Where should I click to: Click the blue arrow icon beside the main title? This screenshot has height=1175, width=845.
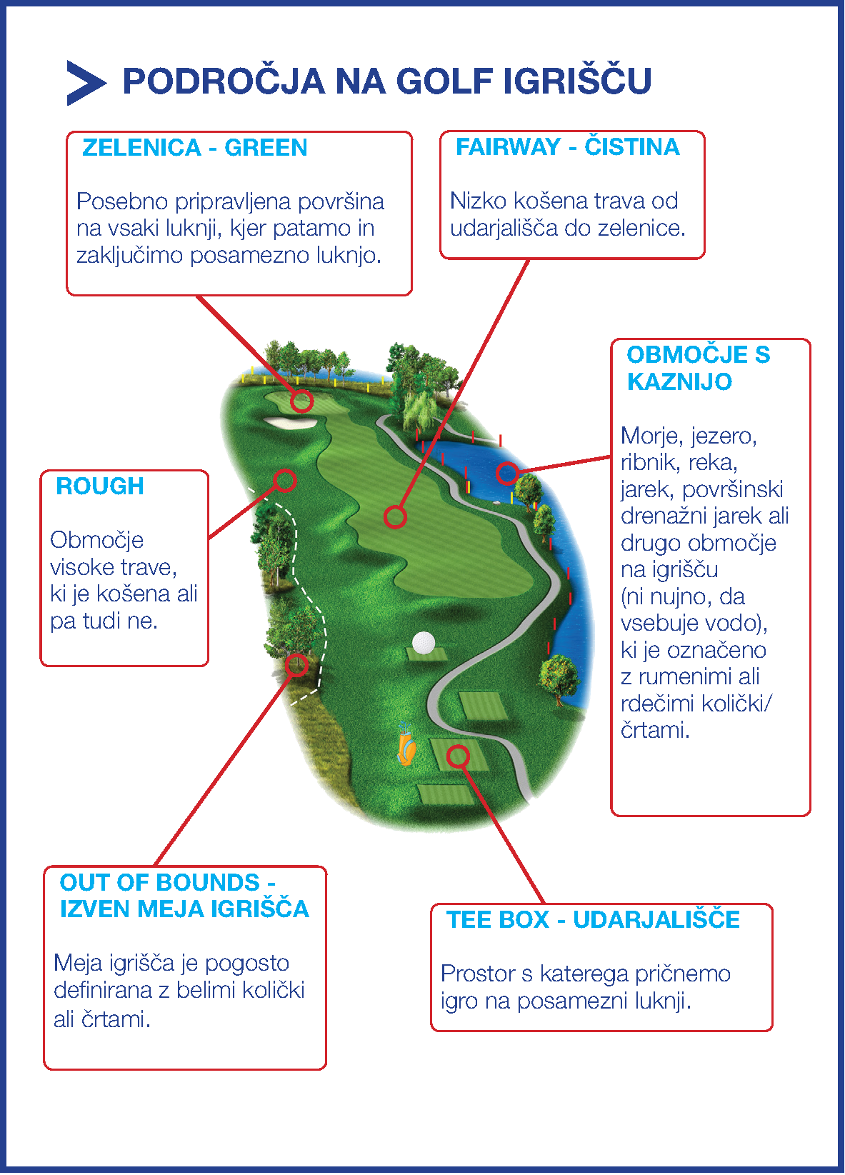[x=84, y=83]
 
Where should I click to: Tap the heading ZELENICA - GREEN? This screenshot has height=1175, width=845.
[x=194, y=148]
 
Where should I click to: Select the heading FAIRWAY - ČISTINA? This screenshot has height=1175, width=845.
[x=567, y=147]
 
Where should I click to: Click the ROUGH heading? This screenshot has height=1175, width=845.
[x=99, y=486]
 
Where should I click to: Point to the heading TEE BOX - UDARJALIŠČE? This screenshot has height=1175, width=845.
[x=593, y=920]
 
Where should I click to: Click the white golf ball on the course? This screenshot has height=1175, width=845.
[x=424, y=642]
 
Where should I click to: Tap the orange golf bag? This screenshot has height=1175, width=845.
[x=406, y=748]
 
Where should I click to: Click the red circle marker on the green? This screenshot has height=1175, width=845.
[x=301, y=401]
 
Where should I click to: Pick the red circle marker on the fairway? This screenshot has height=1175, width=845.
[x=395, y=516]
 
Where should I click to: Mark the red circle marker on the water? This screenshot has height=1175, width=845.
[x=507, y=472]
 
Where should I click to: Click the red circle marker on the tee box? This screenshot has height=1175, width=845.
[x=458, y=756]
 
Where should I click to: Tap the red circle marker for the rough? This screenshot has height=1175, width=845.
[x=285, y=480]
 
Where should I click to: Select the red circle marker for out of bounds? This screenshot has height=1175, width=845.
[x=296, y=665]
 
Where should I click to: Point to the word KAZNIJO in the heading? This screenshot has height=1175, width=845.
[x=679, y=382]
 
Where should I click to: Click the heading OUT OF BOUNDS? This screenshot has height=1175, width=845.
[x=159, y=883]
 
